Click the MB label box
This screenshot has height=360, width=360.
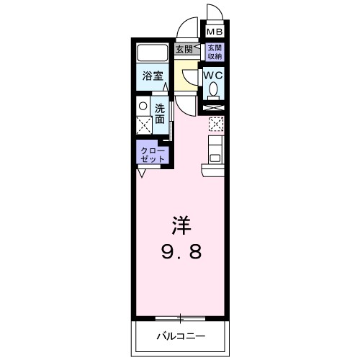click(x=215, y=32)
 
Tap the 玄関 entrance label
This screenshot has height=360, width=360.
click(x=185, y=50)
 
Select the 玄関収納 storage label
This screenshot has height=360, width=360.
click(x=215, y=52)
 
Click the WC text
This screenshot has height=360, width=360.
click(x=214, y=74)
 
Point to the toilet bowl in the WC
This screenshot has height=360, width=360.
click(x=214, y=89)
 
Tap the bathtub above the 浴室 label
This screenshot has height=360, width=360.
click(x=152, y=53)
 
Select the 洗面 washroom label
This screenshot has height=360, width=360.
click(x=162, y=113)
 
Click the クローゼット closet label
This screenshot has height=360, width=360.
click(x=153, y=153)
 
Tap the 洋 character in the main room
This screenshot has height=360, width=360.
click(x=180, y=225)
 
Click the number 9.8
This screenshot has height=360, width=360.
click(x=180, y=252)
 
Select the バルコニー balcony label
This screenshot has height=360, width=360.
click(x=181, y=336)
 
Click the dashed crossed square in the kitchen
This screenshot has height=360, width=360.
click(x=216, y=124)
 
